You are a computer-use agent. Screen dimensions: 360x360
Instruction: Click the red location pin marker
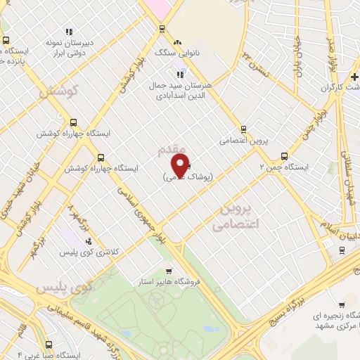coord(180,165)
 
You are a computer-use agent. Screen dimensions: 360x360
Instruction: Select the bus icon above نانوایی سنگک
coord(162,30)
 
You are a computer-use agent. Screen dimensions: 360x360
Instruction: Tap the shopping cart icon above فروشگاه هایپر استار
coord(168,271)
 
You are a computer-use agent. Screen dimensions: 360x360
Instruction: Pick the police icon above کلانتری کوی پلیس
coord(88,240)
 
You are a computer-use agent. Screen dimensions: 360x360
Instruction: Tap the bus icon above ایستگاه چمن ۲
coord(284,156)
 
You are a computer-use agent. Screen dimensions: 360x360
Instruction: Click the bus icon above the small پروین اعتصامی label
coord(243,129)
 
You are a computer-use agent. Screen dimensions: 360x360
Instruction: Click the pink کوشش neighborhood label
coord(58,91)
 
